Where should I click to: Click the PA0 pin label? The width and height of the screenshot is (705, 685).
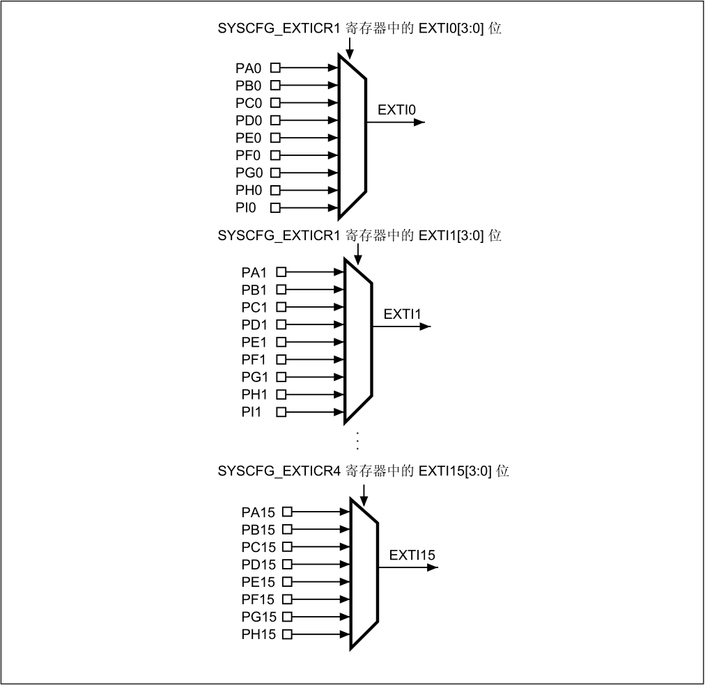coord(248,68)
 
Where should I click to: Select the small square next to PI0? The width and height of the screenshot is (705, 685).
coord(275,207)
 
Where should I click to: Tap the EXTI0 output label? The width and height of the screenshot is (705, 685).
coord(396,110)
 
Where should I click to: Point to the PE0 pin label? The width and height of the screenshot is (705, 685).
coord(248,138)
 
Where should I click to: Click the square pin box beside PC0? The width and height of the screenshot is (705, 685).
coord(275,103)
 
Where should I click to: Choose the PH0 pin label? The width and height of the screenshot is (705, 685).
coord(249,191)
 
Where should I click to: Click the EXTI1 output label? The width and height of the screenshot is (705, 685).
coord(403,315)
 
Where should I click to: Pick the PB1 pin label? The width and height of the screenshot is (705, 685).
coord(254,290)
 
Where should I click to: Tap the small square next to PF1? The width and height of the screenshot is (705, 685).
coord(281,359)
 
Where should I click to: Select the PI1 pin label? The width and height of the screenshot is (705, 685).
coord(251,412)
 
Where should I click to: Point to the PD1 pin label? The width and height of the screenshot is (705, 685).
coord(254,325)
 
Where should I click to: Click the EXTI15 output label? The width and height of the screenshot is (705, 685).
coord(412,556)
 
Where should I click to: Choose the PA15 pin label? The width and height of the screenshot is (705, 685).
coord(258,512)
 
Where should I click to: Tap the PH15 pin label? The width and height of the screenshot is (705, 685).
coord(258,634)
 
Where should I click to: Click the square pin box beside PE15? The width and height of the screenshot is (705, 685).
coord(287,582)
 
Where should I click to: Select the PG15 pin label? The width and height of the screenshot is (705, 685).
coord(259,617)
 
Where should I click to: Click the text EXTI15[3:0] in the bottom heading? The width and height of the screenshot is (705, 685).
coord(455,471)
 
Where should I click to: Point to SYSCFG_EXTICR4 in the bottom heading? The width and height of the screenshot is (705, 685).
coord(279,471)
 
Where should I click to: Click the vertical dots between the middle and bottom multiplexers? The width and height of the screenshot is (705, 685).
coord(357,441)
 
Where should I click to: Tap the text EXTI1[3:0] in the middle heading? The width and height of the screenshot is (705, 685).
coord(451,236)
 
